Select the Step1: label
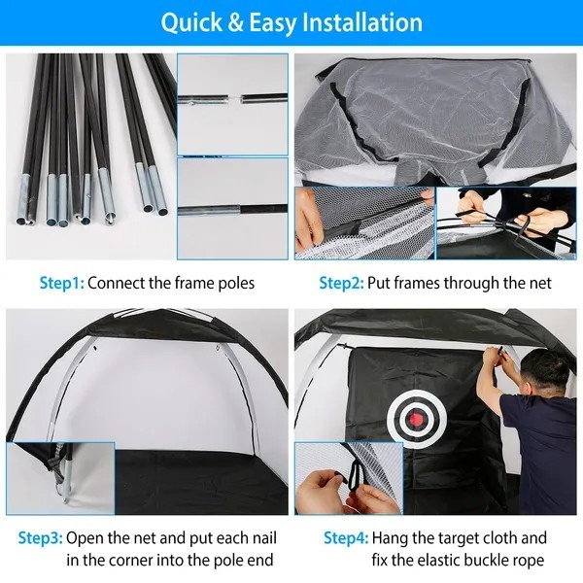click(x=62, y=284)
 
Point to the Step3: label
click(x=41, y=537)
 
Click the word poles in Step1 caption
click(x=233, y=284)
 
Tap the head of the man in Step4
click(x=532, y=374)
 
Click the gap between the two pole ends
click(x=233, y=97)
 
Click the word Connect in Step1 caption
click(x=119, y=284)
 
